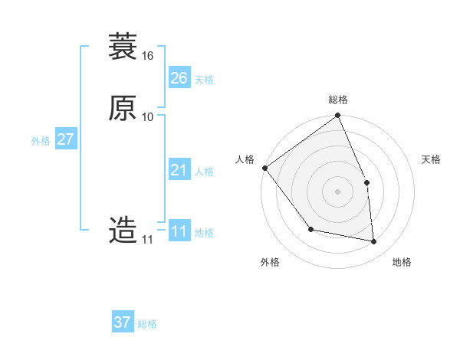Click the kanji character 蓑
click(x=123, y=47)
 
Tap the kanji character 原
click(x=123, y=108)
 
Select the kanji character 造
click(x=123, y=230)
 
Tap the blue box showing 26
click(x=179, y=78)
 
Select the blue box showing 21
click(x=179, y=170)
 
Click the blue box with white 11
click(x=179, y=231)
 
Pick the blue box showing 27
click(x=65, y=140)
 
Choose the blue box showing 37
click(x=123, y=322)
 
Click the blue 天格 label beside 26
click(x=204, y=80)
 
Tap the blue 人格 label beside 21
click(x=204, y=172)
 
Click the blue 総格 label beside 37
click(x=147, y=324)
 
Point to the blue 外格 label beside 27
click(x=41, y=142)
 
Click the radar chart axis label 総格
click(x=338, y=100)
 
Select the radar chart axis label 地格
click(x=402, y=262)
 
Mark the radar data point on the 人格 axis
click(x=264, y=168)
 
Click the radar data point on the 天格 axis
click(x=366, y=182)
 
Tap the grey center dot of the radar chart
click(x=337, y=191)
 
